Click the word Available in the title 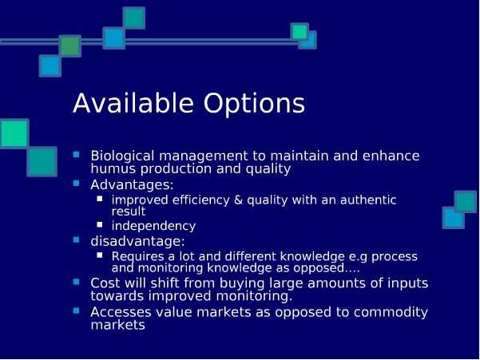133,103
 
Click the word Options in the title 254,105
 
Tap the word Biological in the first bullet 122,156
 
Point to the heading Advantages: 132,185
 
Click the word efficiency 200,200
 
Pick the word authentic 368,200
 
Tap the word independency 153,226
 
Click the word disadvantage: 137,241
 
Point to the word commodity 391,313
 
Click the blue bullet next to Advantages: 76,184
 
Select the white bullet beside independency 100,225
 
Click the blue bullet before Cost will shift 76,282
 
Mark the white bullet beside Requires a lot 100,255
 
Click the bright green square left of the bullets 14,133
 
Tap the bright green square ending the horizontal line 299,31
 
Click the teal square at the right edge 466,202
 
